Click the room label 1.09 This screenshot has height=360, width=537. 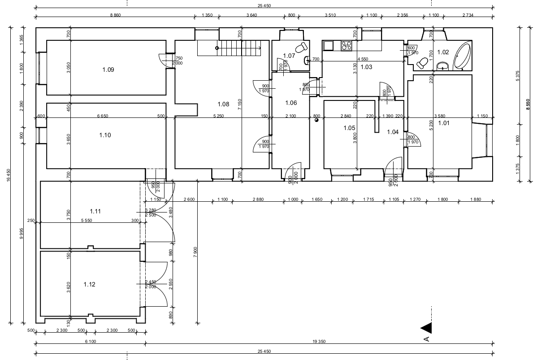pyautogui.click(x=108, y=69)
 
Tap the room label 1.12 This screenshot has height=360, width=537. pyautogui.click(x=89, y=284)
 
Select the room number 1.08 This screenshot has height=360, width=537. pyautogui.click(x=223, y=104)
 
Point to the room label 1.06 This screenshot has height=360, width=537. pyautogui.click(x=291, y=103)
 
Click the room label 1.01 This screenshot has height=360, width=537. pyautogui.click(x=443, y=122)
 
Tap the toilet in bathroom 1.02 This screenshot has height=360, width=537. pyautogui.click(x=421, y=63)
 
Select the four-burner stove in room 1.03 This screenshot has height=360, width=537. pyautogui.click(x=346, y=45)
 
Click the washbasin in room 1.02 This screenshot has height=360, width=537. pyautogui.click(x=443, y=66)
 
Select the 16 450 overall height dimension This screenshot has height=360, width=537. pyautogui.click(x=8, y=175)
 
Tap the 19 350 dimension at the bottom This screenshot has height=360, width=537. pyautogui.click(x=318, y=342)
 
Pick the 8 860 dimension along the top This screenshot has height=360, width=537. pyautogui.click(x=115, y=15)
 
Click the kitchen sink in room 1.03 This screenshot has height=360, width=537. pyautogui.click(x=328, y=45)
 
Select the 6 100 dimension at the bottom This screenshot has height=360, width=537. pyautogui.click(x=90, y=342)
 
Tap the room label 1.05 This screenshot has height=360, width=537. pyautogui.click(x=349, y=128)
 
